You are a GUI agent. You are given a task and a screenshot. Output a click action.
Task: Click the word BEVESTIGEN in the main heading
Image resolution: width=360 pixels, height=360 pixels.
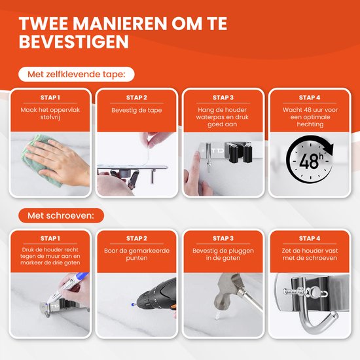(x=74, y=41)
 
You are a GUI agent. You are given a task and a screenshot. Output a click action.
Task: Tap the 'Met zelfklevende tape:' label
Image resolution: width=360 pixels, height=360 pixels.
(x=77, y=75)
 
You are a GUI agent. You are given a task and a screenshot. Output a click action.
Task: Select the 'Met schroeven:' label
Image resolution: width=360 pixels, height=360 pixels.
(x=61, y=215)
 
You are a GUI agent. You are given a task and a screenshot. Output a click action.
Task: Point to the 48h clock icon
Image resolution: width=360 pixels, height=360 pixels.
(x=310, y=159)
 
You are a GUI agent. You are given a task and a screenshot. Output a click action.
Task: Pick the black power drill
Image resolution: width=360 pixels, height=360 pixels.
(x=156, y=296)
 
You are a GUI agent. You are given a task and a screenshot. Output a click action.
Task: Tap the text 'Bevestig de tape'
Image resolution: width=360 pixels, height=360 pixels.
(x=137, y=110)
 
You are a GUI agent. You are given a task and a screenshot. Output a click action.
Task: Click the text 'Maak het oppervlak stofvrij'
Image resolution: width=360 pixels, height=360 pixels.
(x=50, y=113)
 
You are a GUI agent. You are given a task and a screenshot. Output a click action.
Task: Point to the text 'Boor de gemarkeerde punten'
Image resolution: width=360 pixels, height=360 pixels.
(x=137, y=254)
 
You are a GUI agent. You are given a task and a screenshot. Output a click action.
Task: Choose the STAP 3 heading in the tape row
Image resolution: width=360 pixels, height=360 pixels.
(x=223, y=98)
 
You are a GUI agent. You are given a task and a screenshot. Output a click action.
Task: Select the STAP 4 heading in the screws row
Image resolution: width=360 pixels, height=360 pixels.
(x=310, y=238)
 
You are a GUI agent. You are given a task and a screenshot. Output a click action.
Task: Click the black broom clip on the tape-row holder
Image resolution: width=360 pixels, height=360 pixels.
(x=238, y=153)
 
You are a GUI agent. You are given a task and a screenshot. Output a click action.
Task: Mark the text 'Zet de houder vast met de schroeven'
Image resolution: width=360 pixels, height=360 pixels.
(x=310, y=254)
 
